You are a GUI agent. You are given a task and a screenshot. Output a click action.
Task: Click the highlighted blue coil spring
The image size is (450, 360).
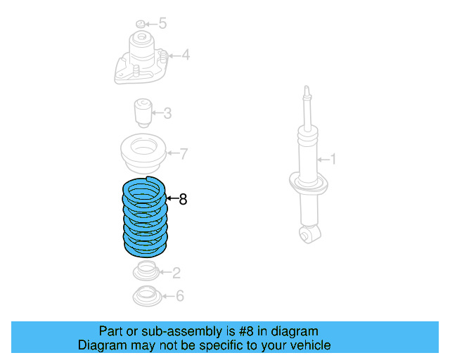(x=145, y=218)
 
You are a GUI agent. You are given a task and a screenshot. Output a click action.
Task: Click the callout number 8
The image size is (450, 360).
(x=184, y=200)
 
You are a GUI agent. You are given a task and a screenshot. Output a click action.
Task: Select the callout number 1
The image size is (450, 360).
(x=333, y=160)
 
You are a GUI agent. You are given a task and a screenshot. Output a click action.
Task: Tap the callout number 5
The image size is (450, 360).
(x=162, y=24)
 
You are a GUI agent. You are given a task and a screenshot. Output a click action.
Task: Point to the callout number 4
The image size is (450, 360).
(x=185, y=55)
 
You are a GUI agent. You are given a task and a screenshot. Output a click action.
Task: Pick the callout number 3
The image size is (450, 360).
(x=167, y=113)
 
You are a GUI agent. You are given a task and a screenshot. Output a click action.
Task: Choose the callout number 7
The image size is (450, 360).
(x=183, y=153)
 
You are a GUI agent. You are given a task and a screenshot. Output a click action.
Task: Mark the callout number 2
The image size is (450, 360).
(x=176, y=272)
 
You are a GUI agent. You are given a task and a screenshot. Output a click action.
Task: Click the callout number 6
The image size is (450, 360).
(x=179, y=296)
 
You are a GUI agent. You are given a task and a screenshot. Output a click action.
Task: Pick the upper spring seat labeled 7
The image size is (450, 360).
(x=144, y=154)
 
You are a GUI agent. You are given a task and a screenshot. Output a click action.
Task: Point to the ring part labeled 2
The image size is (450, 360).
(x=146, y=270)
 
